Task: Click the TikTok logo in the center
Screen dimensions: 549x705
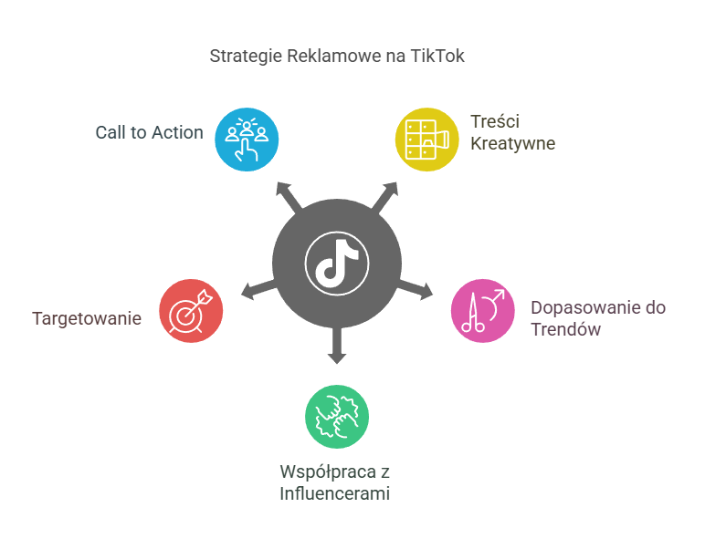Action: (337, 262)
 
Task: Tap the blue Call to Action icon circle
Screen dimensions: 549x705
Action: (247, 139)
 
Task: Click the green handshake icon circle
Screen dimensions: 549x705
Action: (337, 416)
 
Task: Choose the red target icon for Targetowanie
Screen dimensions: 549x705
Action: (191, 310)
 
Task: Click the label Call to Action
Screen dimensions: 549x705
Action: (149, 132)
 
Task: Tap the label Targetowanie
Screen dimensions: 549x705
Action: (87, 318)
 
